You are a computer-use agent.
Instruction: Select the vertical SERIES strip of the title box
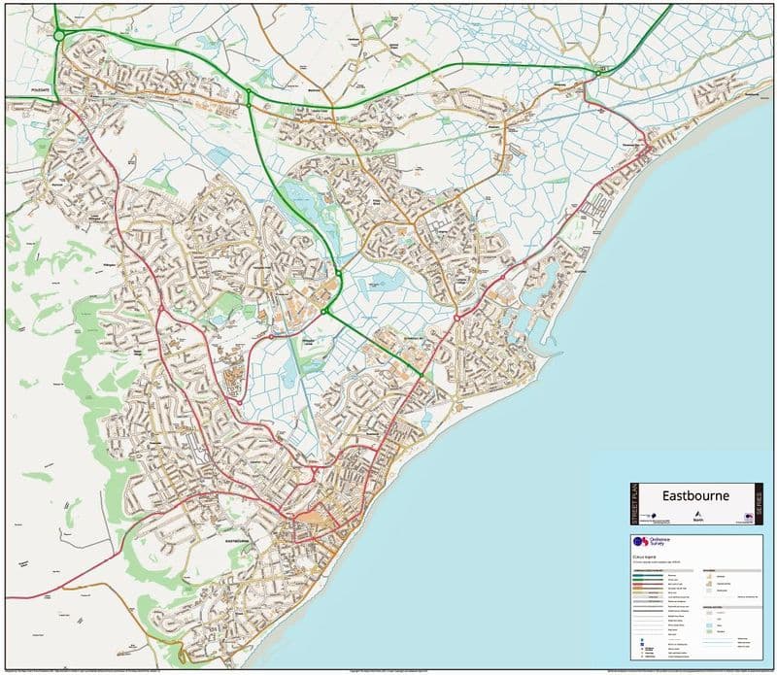(x=758, y=504)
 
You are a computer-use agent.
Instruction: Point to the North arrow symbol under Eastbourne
(x=698, y=515)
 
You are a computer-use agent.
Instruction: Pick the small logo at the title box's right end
(x=748, y=517)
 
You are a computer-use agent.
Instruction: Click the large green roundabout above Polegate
(x=59, y=36)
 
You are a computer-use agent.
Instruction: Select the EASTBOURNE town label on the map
(x=238, y=539)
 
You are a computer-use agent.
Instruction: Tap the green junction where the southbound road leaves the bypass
(x=249, y=95)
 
